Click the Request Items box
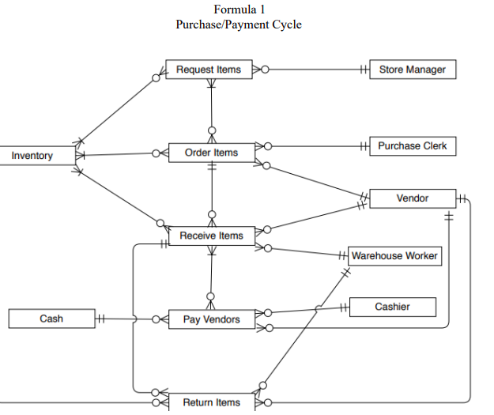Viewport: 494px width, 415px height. (x=208, y=70)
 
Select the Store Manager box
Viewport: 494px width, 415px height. (x=412, y=70)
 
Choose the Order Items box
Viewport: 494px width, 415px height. (x=211, y=152)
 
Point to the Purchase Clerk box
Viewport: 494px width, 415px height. (x=412, y=146)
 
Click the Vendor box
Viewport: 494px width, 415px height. (x=412, y=198)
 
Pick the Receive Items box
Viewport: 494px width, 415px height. (x=211, y=236)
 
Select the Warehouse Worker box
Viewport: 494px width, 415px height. (x=394, y=255)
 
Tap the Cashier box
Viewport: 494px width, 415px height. (x=392, y=307)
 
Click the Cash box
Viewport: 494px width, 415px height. (x=51, y=319)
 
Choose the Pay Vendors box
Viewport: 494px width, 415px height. (x=211, y=319)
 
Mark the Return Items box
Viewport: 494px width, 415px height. (x=211, y=402)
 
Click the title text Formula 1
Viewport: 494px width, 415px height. (x=239, y=9)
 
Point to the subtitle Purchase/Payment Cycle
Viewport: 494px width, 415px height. (x=239, y=25)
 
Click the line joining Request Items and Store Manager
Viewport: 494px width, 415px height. (x=316, y=70)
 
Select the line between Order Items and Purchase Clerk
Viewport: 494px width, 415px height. (x=316, y=146)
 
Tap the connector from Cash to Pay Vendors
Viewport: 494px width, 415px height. (x=119, y=319)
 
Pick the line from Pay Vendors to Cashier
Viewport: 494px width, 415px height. (x=308, y=310)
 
